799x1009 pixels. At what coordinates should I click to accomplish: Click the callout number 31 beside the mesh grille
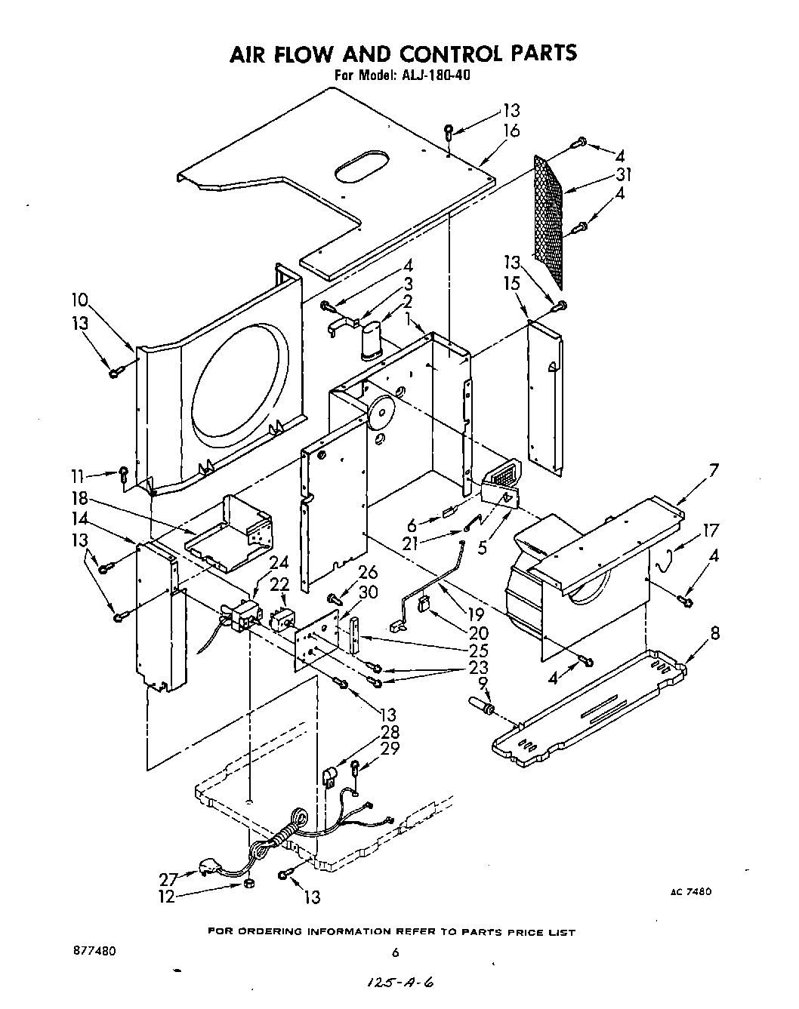pyautogui.click(x=623, y=175)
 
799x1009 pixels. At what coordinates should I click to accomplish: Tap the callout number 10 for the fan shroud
pyautogui.click(x=79, y=300)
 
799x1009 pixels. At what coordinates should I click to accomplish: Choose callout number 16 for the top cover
pyautogui.click(x=511, y=131)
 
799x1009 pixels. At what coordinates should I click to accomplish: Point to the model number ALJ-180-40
pyautogui.click(x=434, y=75)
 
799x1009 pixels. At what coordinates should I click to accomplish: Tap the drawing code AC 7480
pyautogui.click(x=690, y=891)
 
